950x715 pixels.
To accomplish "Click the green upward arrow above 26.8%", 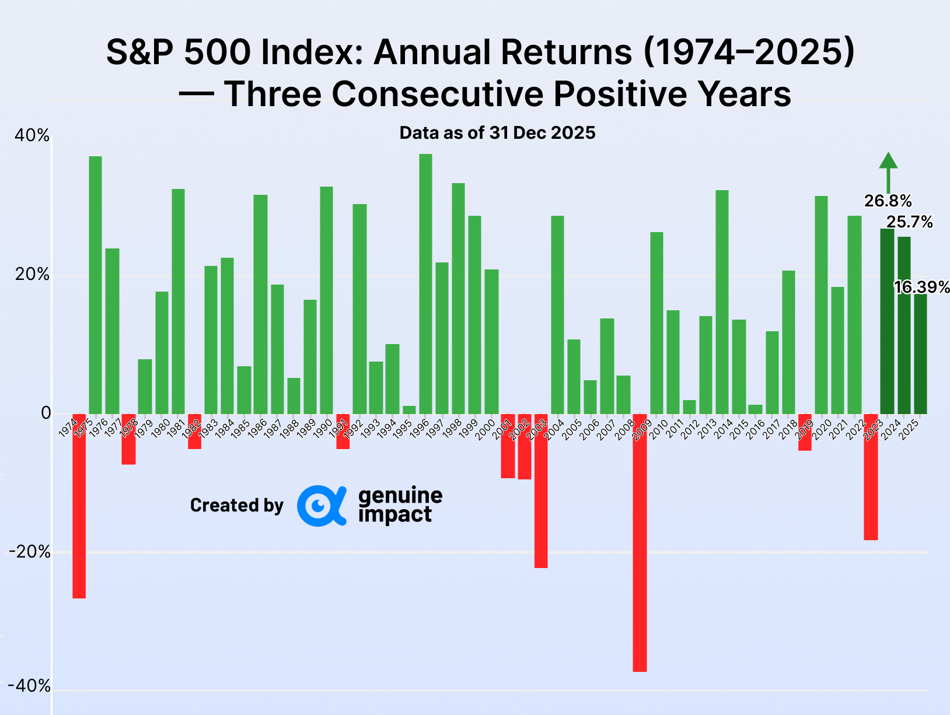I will coord(888,171).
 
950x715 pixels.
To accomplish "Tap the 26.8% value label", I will coord(888,201).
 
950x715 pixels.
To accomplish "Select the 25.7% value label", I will coord(909,222).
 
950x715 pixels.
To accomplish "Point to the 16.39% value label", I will coord(922,287).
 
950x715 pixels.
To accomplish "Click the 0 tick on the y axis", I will coord(46,413).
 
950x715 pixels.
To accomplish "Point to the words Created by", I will coord(236,505).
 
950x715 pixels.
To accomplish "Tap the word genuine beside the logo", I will coord(400,496).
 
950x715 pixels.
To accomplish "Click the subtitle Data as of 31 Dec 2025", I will coord(497,133).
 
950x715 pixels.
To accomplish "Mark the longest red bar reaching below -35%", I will coord(640,542).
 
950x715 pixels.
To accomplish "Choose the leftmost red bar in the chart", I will coord(79,506).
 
